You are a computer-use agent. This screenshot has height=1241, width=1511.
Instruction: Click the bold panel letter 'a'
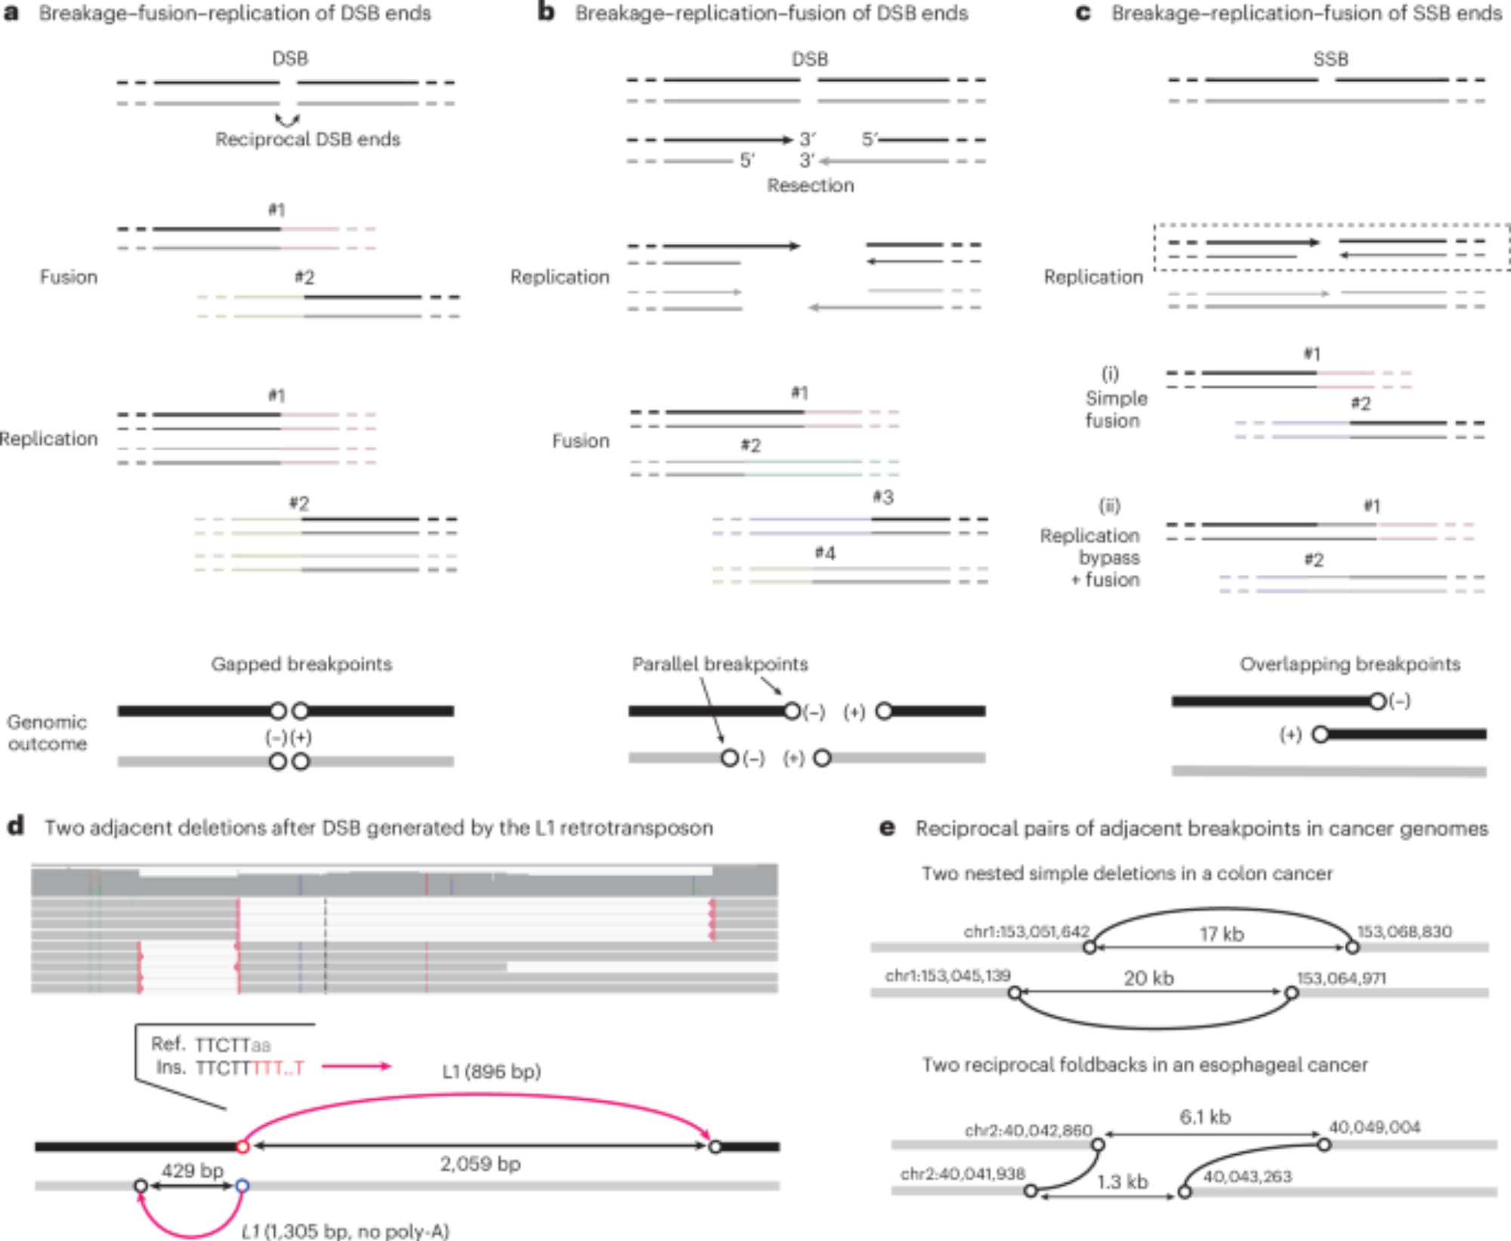[12, 14]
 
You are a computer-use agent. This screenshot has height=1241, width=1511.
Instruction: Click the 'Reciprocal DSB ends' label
[307, 140]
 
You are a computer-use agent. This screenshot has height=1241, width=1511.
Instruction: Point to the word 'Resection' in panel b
[811, 186]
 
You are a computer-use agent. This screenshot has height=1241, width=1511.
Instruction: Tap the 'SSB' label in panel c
[1330, 59]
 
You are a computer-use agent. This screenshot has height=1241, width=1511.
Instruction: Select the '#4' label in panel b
[825, 554]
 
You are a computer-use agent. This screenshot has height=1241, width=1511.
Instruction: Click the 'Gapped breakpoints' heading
[301, 665]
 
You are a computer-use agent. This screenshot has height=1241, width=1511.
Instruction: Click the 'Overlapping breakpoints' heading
[1349, 665]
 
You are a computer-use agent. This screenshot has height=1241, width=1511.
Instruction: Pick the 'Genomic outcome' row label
[47, 733]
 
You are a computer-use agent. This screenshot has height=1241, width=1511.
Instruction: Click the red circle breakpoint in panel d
[243, 1147]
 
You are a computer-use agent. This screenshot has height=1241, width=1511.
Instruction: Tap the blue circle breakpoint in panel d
[242, 1186]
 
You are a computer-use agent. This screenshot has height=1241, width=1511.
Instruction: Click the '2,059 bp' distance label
[480, 1164]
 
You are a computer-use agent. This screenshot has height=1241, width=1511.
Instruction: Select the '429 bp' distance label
[193, 1171]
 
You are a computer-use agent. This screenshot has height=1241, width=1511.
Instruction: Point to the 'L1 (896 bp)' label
[491, 1072]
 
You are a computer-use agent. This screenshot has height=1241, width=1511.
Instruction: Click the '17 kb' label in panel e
[1222, 934]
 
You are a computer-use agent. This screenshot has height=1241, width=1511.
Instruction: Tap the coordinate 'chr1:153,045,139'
[947, 976]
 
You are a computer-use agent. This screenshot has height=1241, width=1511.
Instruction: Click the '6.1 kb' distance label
[1205, 1117]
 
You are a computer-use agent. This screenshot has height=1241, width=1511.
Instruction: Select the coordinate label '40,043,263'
[1247, 1177]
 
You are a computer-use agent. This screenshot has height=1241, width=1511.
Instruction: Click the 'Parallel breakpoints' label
[720, 665]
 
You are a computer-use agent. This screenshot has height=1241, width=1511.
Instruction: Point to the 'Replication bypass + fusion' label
[1090, 558]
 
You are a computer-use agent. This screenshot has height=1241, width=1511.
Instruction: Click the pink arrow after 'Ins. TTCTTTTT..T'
[356, 1067]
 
